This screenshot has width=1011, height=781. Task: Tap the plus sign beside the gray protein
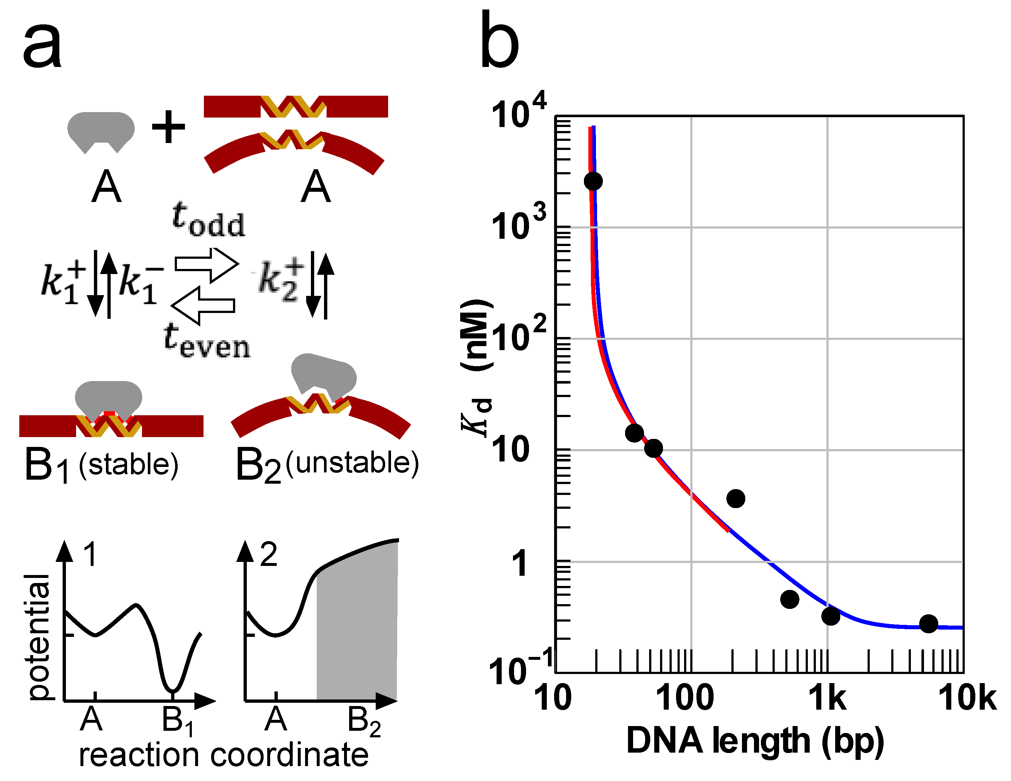coord(169,126)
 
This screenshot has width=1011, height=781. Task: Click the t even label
coord(206,341)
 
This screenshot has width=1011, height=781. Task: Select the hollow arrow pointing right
coord(206,265)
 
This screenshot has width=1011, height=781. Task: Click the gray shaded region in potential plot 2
coord(356,629)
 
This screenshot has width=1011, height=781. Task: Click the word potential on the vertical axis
coord(38,637)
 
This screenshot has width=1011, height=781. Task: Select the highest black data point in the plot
coord(593,181)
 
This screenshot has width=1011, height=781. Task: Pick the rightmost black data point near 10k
coord(928,624)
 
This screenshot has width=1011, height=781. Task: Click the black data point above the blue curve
coord(735,498)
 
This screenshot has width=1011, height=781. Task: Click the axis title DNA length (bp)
coord(755,741)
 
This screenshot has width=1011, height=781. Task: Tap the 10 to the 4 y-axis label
coord(518,111)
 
